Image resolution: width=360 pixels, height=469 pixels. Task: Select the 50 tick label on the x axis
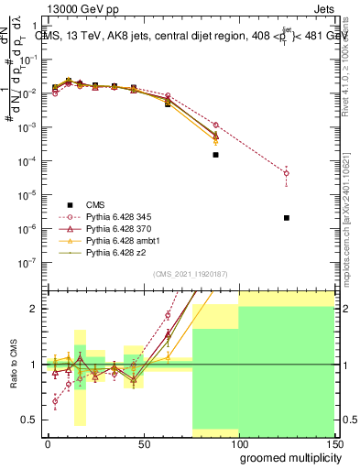click(143, 443)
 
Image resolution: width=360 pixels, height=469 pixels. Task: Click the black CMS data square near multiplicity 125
click(287, 218)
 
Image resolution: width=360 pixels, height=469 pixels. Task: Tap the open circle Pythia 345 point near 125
click(287, 173)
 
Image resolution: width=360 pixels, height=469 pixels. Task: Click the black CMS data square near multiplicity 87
click(215, 155)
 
